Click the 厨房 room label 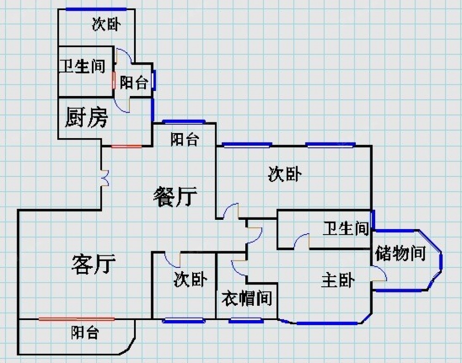(87, 117)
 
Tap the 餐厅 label (175, 197)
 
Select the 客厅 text (93, 264)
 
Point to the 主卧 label (338, 280)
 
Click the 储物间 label (400, 253)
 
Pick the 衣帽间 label (246, 298)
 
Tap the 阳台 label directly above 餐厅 (184, 139)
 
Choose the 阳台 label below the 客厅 (85, 333)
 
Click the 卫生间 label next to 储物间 (346, 228)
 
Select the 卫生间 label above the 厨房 (82, 67)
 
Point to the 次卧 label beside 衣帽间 (190, 279)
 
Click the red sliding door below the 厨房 (126, 146)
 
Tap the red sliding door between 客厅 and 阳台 (76, 319)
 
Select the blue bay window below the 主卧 (327, 323)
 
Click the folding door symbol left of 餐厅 (106, 178)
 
